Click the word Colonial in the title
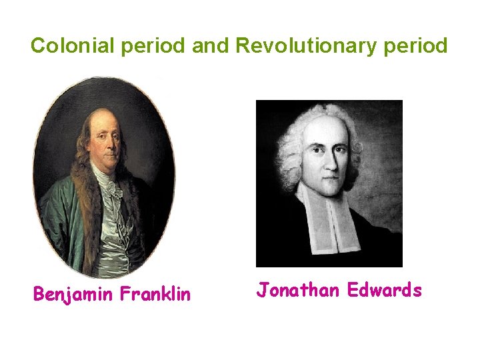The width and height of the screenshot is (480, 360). (69, 46)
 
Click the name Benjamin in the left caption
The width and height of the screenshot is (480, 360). (73, 294)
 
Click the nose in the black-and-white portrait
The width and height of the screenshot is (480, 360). (325, 161)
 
